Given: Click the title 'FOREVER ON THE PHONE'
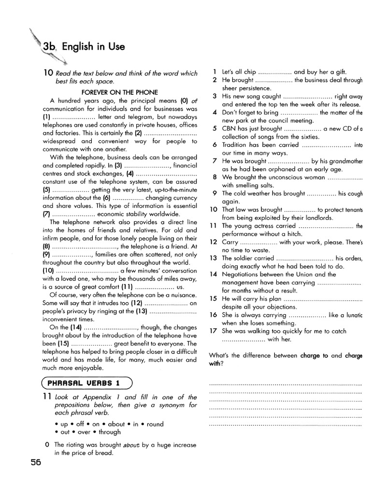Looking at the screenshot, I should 119,92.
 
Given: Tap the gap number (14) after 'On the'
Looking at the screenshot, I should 75,327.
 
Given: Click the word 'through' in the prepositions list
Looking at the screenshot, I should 109,432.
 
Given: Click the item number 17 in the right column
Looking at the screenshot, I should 214,331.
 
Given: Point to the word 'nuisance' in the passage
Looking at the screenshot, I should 183,295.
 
